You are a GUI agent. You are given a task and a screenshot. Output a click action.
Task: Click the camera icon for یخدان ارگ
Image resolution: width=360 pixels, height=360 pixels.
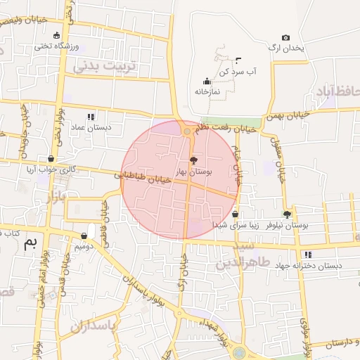pyautogui.click(x=285, y=38)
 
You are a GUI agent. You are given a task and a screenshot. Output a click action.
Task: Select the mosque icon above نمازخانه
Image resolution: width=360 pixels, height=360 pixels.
pyautogui.click(x=206, y=82)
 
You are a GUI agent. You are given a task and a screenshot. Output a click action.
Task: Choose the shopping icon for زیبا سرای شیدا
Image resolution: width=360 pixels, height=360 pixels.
pyautogui.click(x=235, y=214)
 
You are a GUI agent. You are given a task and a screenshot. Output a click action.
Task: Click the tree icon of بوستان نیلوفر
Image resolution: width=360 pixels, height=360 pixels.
pyautogui.click(x=287, y=214)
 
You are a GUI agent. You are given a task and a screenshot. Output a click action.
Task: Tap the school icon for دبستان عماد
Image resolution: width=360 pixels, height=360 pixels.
pyautogui.click(x=90, y=117)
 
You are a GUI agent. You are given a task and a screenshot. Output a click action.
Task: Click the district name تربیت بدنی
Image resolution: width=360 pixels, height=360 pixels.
pyautogui.click(x=104, y=66)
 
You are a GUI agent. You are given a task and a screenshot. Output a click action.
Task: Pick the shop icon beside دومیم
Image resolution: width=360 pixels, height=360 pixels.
pyautogui.click(x=84, y=236)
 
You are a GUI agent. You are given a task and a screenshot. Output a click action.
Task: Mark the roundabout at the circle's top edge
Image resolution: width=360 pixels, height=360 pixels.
pyautogui.click(x=187, y=131)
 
